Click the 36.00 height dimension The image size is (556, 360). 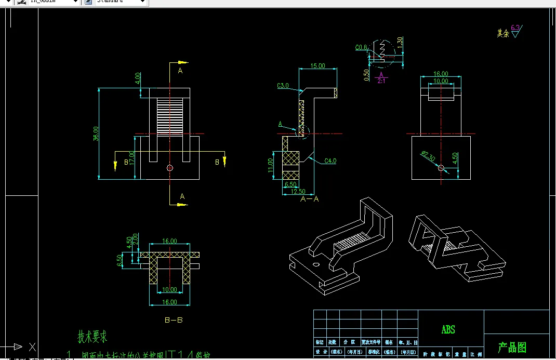tap(95, 134)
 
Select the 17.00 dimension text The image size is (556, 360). tap(133, 157)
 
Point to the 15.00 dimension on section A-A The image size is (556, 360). tap(317, 66)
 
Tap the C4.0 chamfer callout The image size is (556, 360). tap(330, 161)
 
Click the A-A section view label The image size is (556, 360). tap(310, 199)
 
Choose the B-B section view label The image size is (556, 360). tap(174, 320)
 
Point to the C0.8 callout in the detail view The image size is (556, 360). tap(361, 48)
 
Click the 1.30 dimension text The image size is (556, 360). tap(400, 41)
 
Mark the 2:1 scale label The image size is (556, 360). tap(381, 81)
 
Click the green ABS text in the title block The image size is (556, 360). tap(448, 329)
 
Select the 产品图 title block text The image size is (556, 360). tap(512, 347)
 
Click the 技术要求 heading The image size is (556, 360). tap(92, 337)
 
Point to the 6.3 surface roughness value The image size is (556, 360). tap(515, 27)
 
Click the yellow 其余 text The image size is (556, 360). tap(502, 33)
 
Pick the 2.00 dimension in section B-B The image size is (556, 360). tap(135, 239)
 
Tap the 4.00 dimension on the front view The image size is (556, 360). tap(138, 78)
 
